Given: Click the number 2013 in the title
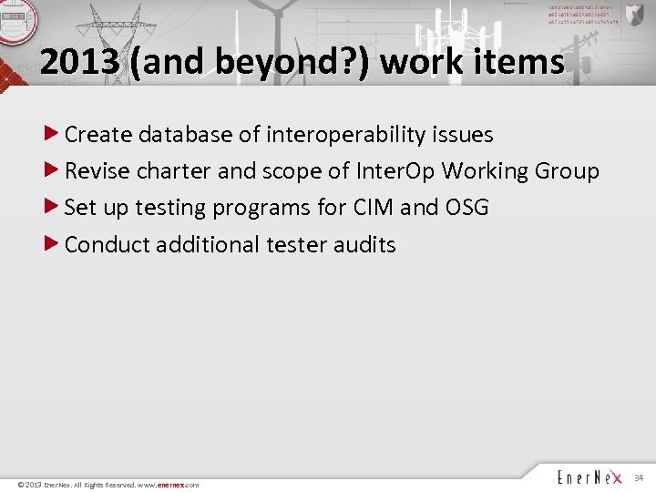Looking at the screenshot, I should point(79,62).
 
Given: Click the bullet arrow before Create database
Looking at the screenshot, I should point(53,134).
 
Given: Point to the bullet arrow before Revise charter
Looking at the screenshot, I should point(53,170).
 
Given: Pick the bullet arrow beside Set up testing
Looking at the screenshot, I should point(53,207).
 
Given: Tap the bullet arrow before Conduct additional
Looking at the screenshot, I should point(53,243).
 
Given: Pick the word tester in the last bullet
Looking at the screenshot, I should point(295,244).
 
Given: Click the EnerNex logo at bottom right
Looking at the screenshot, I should point(589,477).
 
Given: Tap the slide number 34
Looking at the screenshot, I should point(638,478).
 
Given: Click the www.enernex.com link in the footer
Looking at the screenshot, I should point(169,485).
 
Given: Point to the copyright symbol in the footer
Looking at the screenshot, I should point(21,485).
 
